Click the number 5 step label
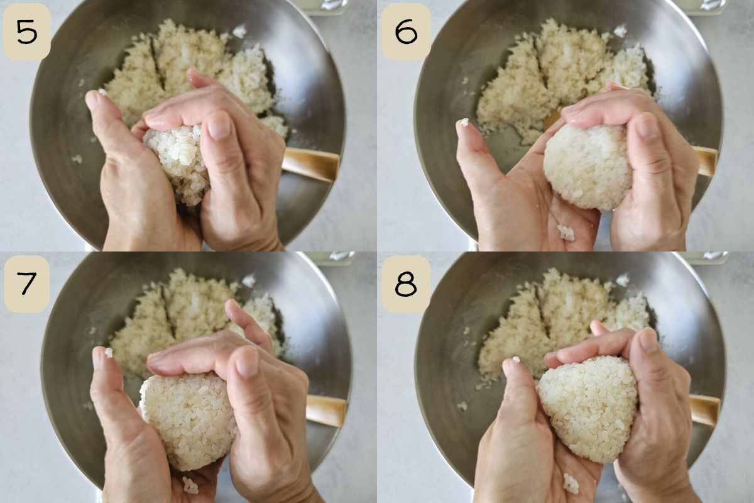click(x=26, y=31)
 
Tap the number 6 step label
click(x=407, y=31)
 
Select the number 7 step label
click(x=26, y=284)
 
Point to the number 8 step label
click(x=407, y=284)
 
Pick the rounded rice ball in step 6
click(x=587, y=165)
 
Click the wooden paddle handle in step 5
click(x=310, y=164)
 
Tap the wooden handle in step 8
click(x=704, y=410)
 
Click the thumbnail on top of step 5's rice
click(x=219, y=128)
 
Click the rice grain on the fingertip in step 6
click(x=464, y=123)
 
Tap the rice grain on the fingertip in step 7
click(x=109, y=352)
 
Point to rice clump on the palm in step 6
click(x=566, y=233)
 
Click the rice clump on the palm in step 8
click(x=571, y=484)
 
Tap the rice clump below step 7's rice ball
click(x=190, y=485)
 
